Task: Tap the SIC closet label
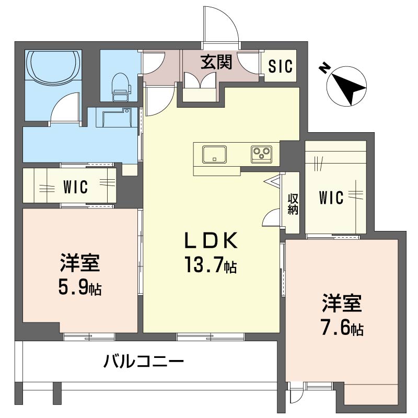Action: coord(281,66)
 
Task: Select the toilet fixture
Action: coord(120,84)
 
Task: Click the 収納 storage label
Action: coord(292,204)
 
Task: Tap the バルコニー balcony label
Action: coord(143,361)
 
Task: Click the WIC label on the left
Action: coord(76,186)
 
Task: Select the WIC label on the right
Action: coord(331,198)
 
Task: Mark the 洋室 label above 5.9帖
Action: coord(79,263)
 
